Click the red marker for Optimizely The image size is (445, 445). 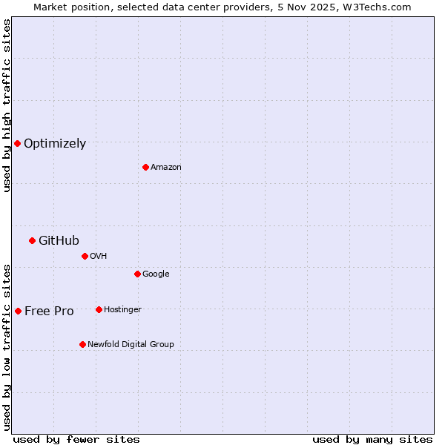17,143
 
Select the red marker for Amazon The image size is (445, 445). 145,167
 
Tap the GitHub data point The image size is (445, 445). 32,240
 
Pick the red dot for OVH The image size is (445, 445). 85,256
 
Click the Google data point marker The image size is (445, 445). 137,274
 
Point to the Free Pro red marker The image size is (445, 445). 18,311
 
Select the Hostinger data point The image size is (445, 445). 99,309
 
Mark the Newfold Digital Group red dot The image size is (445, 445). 82,344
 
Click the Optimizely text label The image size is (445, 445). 55,144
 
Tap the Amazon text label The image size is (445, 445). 166,168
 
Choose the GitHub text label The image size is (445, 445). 59,240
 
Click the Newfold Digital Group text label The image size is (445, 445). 131,344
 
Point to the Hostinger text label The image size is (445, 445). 122,309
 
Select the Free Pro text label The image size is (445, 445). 49,311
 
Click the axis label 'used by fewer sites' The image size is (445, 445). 76,439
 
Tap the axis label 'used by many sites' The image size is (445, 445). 372,439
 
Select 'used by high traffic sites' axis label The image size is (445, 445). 7,105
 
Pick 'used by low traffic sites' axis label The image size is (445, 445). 7,346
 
